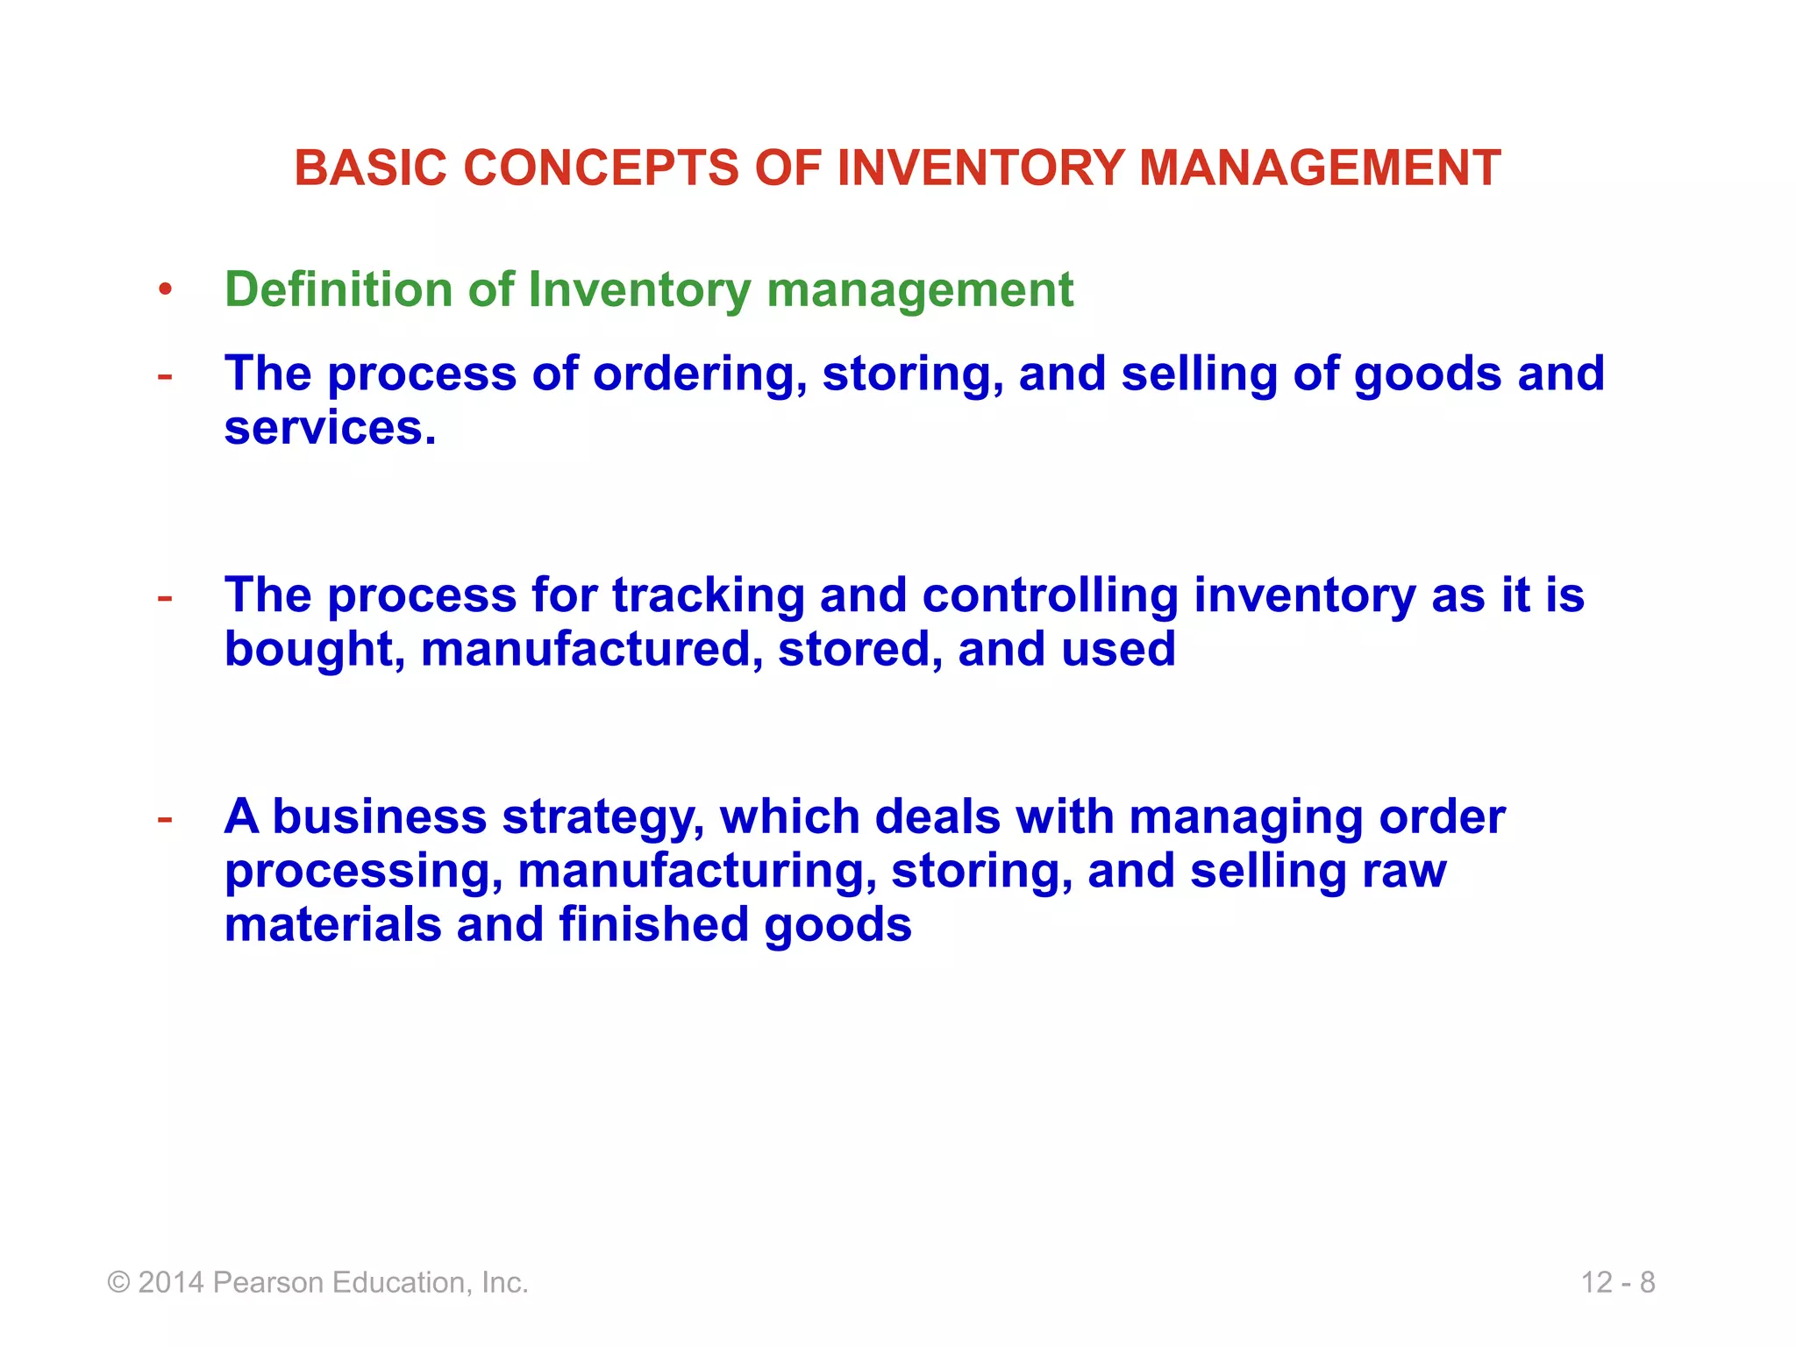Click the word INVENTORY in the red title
tap(980, 167)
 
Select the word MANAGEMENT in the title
tap(1320, 167)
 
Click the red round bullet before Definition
tap(165, 290)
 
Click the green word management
tap(920, 291)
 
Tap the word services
tap(329, 428)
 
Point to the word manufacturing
tap(697, 872)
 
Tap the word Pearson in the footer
tap(268, 1283)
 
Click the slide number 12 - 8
tap(1618, 1283)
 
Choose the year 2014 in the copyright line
tap(172, 1283)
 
